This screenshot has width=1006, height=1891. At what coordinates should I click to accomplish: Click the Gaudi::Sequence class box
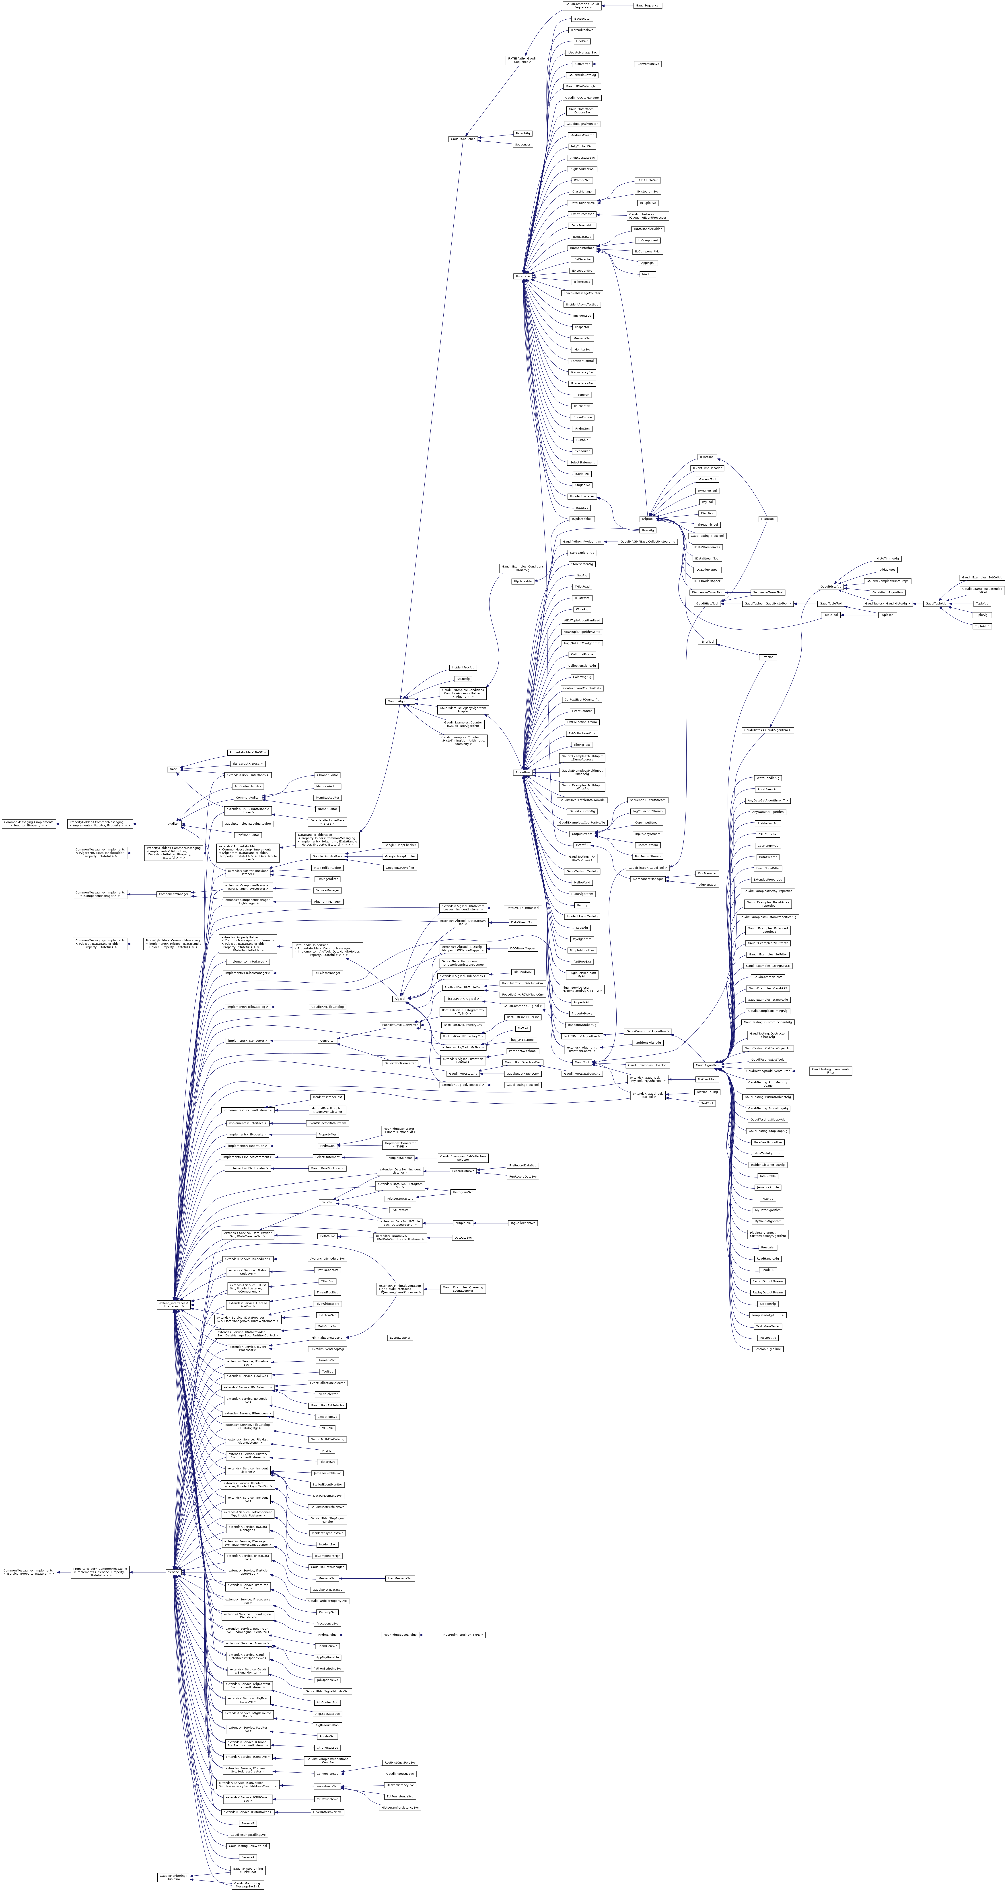[x=463, y=139]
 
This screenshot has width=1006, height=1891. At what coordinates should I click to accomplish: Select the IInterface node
[x=523, y=276]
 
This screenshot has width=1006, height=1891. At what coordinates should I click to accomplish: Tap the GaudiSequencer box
[x=648, y=5]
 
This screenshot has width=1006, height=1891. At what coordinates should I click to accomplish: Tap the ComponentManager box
[x=173, y=894]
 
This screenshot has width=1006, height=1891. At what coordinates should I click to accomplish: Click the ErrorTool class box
[x=767, y=657]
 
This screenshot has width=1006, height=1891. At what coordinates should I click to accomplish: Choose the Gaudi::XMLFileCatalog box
[x=327, y=1006]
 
